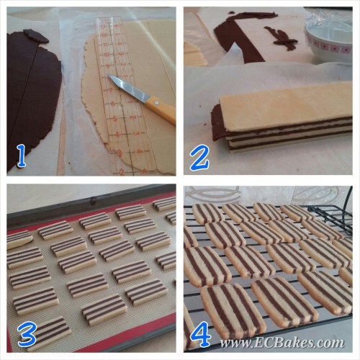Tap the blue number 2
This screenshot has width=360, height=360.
200,156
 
